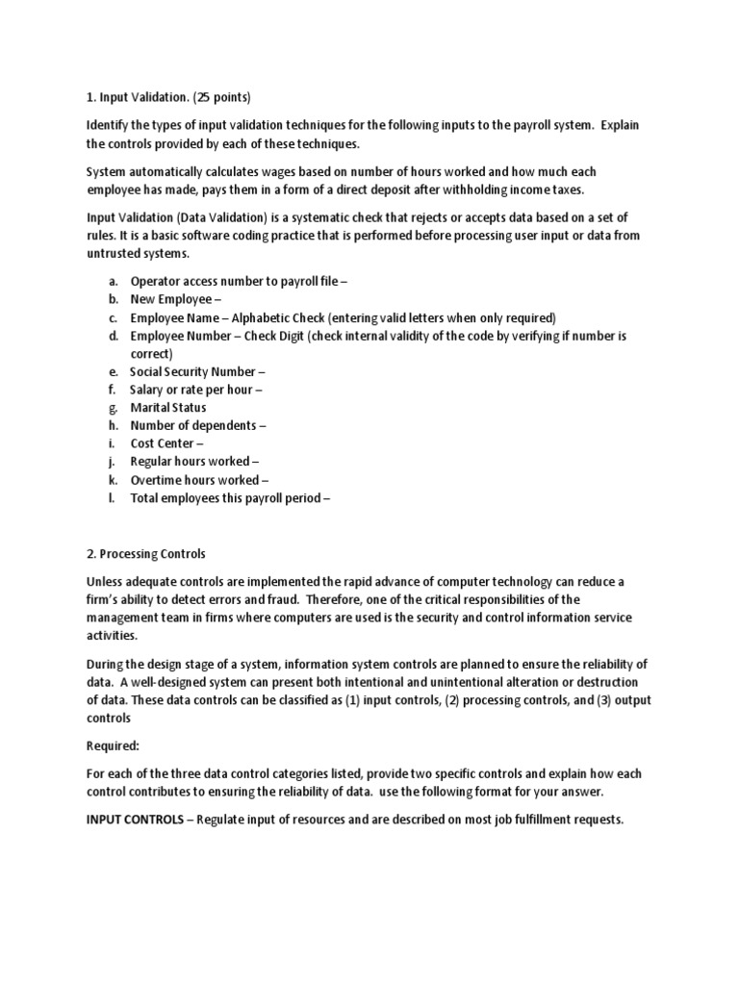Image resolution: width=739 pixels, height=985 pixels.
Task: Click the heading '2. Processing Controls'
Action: pos(146,554)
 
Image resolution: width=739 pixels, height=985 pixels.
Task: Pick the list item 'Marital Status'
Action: pos(168,407)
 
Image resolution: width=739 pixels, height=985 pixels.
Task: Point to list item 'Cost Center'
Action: pos(166,443)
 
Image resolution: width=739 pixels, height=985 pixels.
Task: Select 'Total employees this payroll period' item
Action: pos(230,497)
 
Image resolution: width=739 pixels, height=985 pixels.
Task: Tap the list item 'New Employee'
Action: pos(175,299)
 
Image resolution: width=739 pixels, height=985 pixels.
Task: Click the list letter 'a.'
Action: pos(113,281)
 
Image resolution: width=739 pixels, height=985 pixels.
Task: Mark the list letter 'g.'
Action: pos(113,407)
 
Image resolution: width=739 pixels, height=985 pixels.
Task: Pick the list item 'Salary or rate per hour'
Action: pos(196,390)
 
